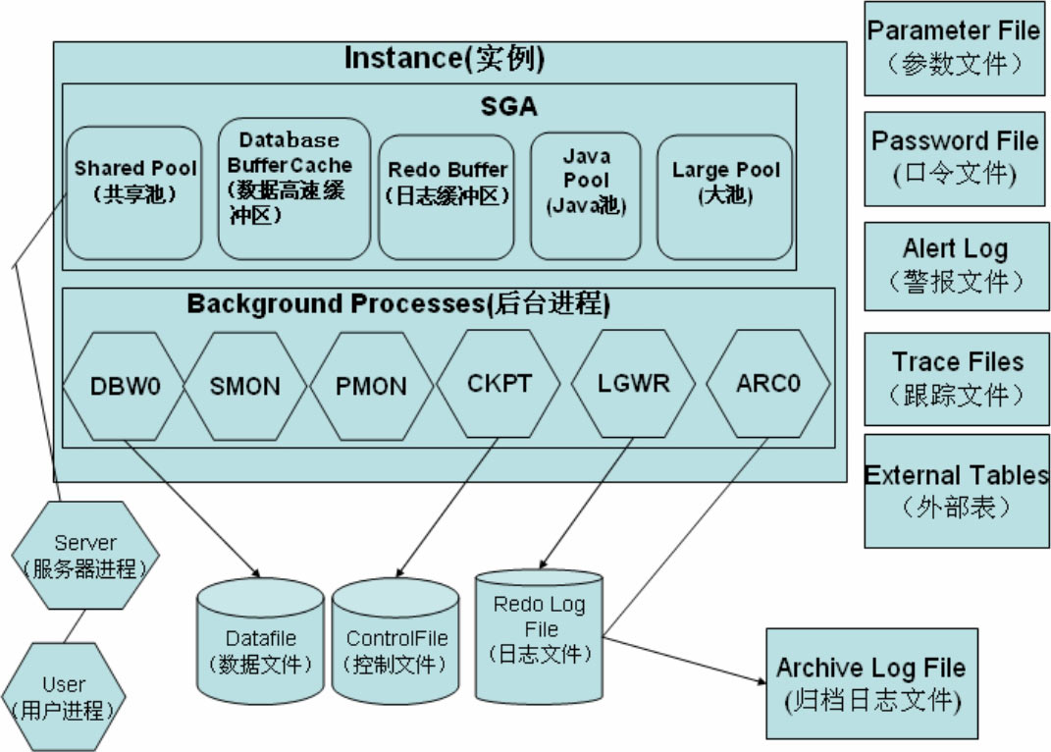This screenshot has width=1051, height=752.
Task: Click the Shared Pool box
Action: [x=135, y=192]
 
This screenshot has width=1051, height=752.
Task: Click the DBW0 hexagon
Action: [x=125, y=385]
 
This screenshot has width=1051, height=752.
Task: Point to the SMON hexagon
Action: [x=244, y=385]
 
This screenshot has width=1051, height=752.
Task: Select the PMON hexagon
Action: [x=371, y=385]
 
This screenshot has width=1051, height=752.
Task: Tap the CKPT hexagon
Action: [x=499, y=383]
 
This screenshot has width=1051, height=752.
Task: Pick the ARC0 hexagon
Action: [x=767, y=383]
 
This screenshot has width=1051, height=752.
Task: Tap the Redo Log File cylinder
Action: [x=540, y=633]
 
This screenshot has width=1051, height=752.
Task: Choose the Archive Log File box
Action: [x=871, y=684]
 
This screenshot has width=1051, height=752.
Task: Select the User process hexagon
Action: [x=63, y=696]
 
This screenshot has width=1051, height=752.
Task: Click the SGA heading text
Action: [x=508, y=106]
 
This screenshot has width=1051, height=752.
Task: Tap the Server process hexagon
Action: [x=84, y=555]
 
